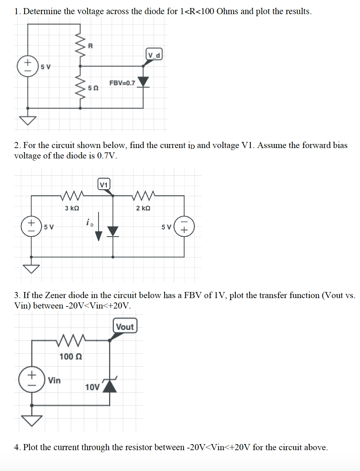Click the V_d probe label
pyautogui.click(x=154, y=55)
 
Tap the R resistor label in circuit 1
pyautogui.click(x=90, y=46)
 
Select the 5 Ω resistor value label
pyautogui.click(x=93, y=88)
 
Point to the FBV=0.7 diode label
pyautogui.click(x=122, y=83)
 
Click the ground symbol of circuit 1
pyautogui.click(x=28, y=120)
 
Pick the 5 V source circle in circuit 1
pyautogui.click(x=28, y=66)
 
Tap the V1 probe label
pyautogui.click(x=104, y=184)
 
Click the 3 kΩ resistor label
pyautogui.click(x=72, y=208)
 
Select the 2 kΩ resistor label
pyautogui.click(x=143, y=208)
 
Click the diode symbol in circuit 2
pyautogui.click(x=113, y=231)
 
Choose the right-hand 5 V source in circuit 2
pyautogui.click(x=184, y=226)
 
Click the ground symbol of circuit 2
pyautogui.click(x=31, y=268)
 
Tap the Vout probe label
pyautogui.click(x=125, y=326)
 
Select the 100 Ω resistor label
pyautogui.click(x=71, y=356)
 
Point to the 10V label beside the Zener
pyautogui.click(x=92, y=387)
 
